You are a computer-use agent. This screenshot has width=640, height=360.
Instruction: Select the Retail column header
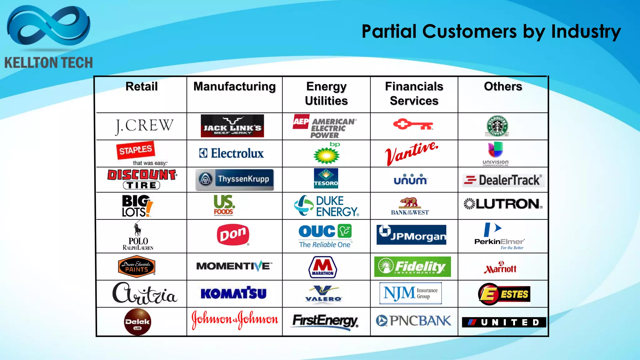[142, 87]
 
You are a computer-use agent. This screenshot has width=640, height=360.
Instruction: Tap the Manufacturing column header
[234, 87]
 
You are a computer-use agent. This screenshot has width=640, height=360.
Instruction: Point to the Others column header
[503, 87]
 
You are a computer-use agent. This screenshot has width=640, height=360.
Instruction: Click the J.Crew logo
[144, 126]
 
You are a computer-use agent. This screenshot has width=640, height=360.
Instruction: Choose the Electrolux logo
[232, 153]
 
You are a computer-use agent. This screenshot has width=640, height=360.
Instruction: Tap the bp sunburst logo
[327, 154]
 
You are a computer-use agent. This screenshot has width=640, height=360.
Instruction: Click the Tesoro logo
[326, 178]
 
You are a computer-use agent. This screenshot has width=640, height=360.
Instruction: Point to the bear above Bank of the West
[409, 202]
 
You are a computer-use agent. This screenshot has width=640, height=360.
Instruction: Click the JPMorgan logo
[411, 235]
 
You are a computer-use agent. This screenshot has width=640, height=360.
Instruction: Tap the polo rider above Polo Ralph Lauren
[137, 229]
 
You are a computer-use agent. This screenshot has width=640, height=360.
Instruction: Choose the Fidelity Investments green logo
[412, 267]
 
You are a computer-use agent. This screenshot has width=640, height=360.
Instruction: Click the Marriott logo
[500, 267]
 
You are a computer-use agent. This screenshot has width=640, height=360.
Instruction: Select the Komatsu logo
[233, 293]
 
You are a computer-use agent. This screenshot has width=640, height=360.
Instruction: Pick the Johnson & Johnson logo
[235, 319]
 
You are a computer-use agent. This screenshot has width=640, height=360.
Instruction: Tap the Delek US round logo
[137, 322]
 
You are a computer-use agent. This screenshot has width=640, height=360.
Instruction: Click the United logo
[504, 322]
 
